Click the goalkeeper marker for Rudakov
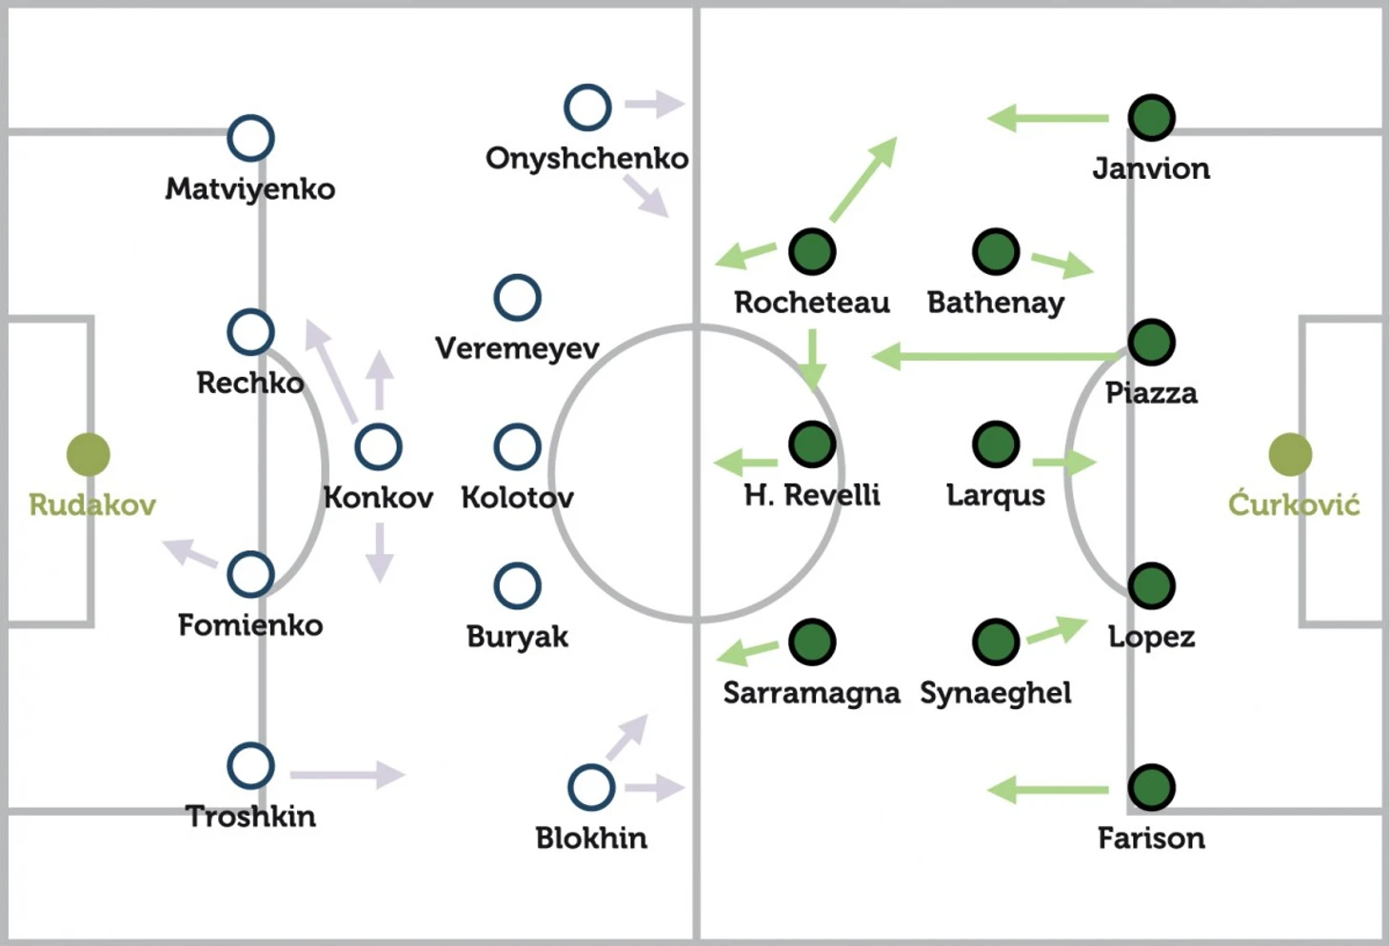coord(89,454)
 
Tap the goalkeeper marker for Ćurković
coord(1290,454)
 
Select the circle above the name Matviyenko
coord(250,138)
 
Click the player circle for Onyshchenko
coord(587,108)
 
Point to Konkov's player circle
coord(379,446)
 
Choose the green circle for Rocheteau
coord(812,252)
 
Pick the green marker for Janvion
coord(1151,117)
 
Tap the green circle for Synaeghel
coord(995,641)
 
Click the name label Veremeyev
coord(518,348)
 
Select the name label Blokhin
coord(591,838)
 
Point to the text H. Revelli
coord(812,495)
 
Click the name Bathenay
coord(995,304)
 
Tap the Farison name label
coord(1151,838)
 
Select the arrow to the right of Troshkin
coord(347,774)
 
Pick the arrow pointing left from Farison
coord(1047,790)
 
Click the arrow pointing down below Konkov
coord(379,553)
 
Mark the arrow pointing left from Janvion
coord(1047,118)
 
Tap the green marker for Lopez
coord(1151,585)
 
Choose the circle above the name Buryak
coord(518,585)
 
